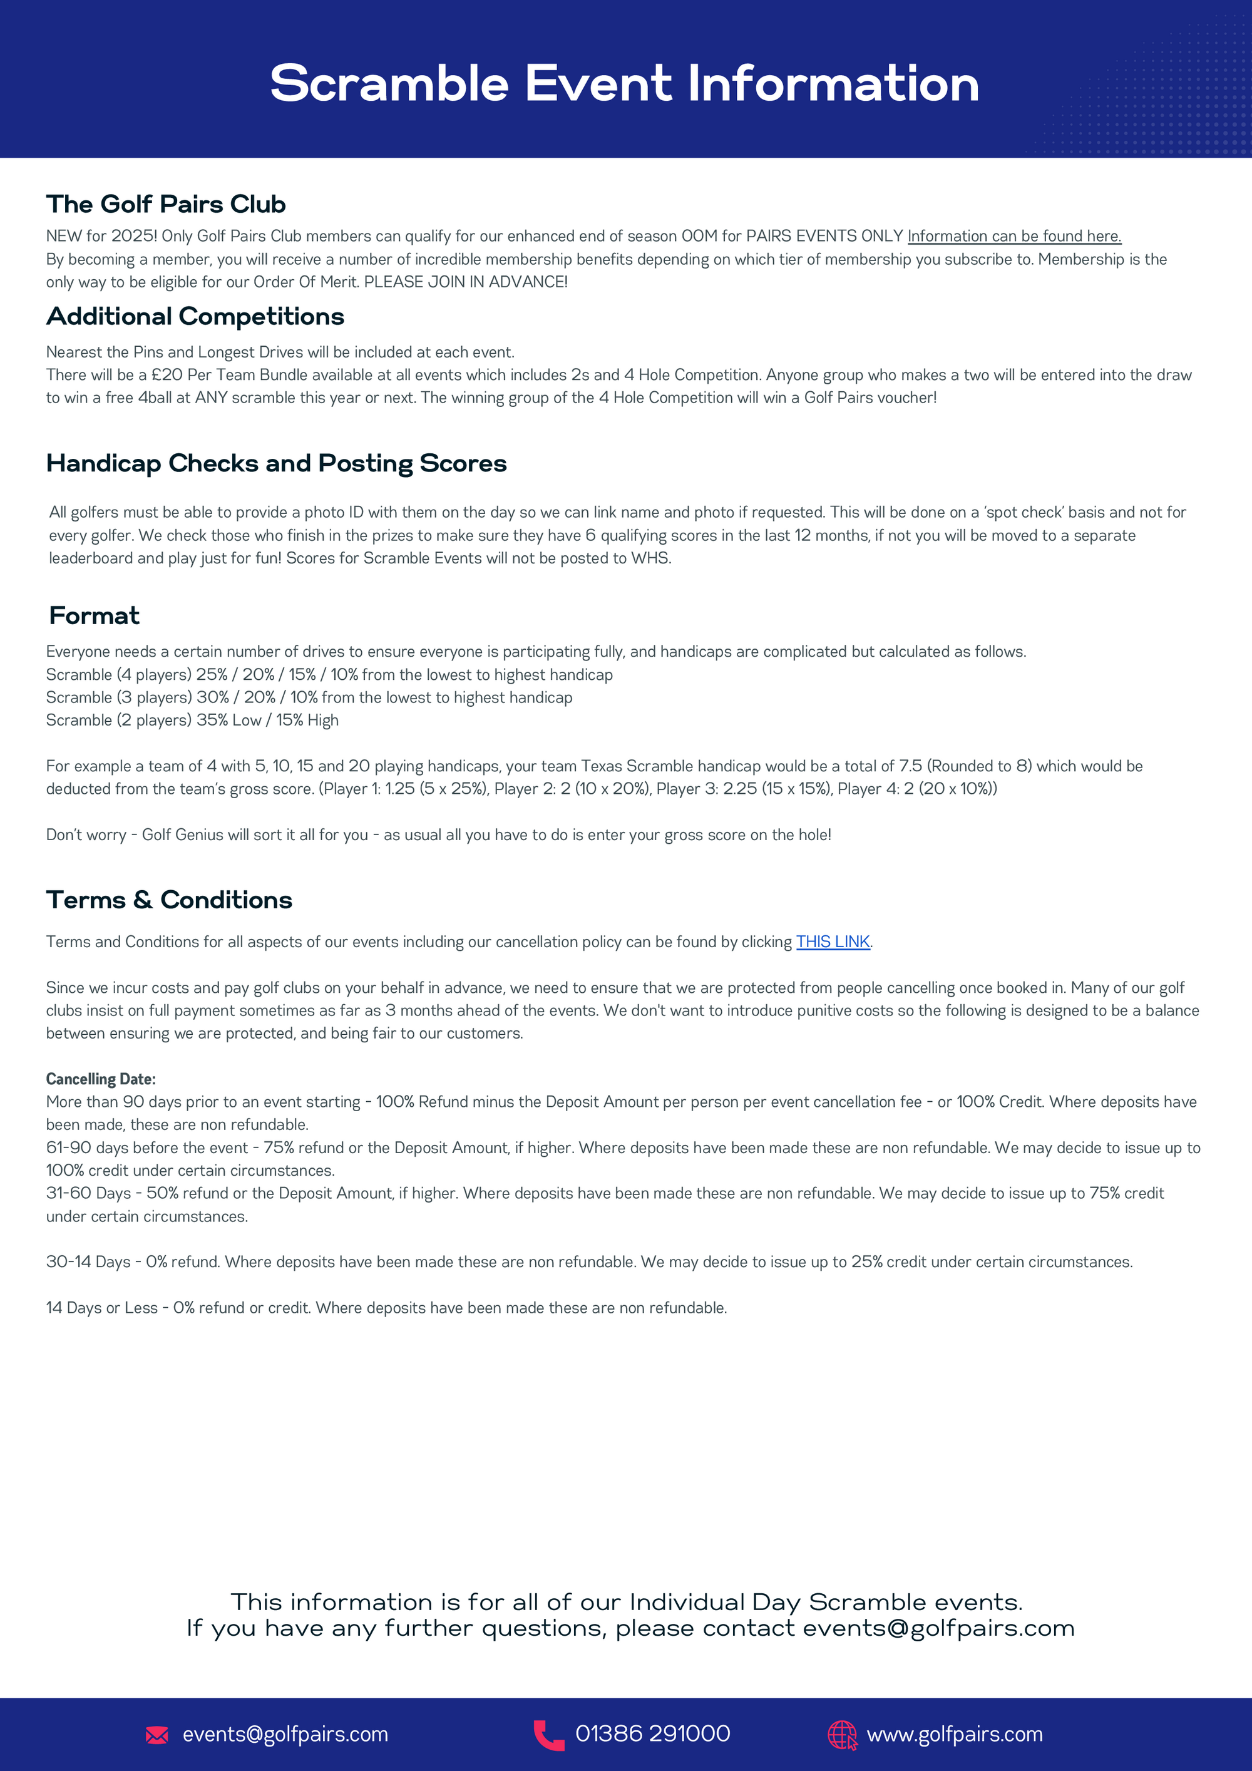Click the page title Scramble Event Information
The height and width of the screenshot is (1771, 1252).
(x=624, y=83)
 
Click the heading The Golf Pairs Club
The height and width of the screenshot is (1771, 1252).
(x=166, y=205)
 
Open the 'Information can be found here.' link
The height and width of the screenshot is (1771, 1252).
(x=1013, y=236)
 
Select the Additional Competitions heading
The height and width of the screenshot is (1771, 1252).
(x=195, y=316)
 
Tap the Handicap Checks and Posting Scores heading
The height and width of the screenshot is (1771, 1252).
(x=276, y=464)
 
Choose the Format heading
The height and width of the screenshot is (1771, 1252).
(x=94, y=615)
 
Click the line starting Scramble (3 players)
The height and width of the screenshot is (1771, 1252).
(x=309, y=697)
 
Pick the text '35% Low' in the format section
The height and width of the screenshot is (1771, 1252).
(x=228, y=721)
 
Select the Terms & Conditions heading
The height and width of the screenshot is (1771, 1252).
(x=169, y=900)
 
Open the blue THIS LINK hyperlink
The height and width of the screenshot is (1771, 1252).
(x=833, y=942)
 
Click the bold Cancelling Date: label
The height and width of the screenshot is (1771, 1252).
(x=100, y=1079)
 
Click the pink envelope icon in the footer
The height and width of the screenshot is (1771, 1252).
(x=156, y=1735)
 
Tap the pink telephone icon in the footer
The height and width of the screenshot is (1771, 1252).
(x=548, y=1735)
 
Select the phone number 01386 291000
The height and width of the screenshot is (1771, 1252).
(x=653, y=1734)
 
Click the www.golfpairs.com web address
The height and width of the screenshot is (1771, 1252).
(x=954, y=1735)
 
